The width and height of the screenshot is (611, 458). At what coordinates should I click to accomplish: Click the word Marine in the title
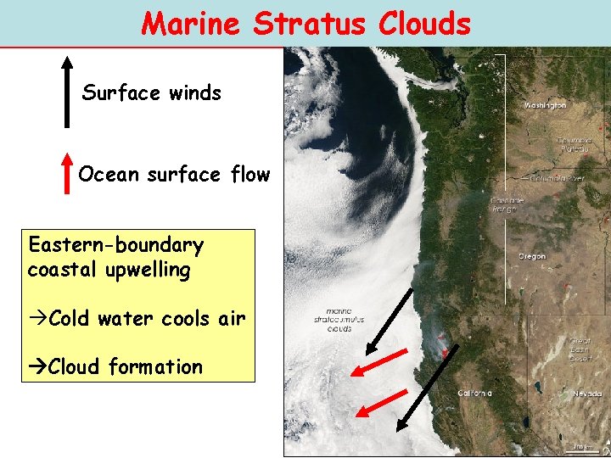pos(191,23)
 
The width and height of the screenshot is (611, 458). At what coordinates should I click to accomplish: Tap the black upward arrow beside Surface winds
pos(67,92)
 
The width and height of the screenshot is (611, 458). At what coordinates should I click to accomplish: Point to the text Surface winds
pos(151,92)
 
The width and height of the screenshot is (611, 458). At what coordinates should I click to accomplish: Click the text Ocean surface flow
pos(174,175)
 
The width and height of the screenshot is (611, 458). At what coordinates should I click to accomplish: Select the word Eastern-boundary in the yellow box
pos(115,246)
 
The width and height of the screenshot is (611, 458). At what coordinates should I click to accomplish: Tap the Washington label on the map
pos(545,105)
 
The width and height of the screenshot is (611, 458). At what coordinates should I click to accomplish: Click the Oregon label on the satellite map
pos(532,256)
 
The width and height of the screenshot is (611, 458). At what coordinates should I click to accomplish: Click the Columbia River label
pos(558,179)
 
